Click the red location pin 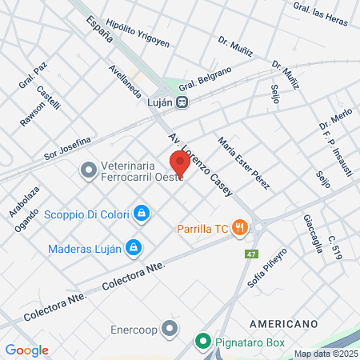179,163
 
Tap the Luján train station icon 183,102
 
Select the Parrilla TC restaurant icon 238,227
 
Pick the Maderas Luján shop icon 134,247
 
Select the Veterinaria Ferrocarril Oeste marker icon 87,170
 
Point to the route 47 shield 253,254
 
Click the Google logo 26,350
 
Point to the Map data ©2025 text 326,354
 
